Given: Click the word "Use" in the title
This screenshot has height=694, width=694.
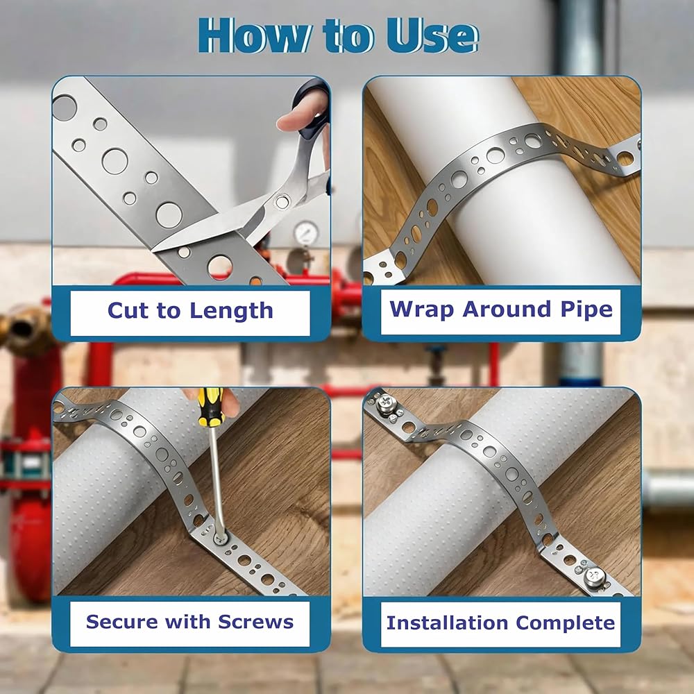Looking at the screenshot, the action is click(x=432, y=36).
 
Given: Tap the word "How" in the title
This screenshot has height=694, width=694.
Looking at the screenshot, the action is click(x=253, y=36).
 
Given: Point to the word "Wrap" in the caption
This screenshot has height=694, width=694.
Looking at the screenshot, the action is click(x=422, y=310).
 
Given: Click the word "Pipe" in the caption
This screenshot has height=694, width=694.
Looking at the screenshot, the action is click(x=586, y=310).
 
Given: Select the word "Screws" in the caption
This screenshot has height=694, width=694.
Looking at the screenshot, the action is click(x=255, y=622).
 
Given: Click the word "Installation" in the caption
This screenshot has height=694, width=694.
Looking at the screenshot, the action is click(x=447, y=623).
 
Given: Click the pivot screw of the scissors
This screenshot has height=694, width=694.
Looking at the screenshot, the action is click(x=282, y=201).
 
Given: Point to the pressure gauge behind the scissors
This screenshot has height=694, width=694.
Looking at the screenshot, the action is click(x=306, y=232).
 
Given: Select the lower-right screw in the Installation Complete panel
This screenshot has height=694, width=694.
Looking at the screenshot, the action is click(x=595, y=577).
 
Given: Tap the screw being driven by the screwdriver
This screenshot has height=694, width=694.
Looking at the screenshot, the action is click(x=220, y=539).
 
